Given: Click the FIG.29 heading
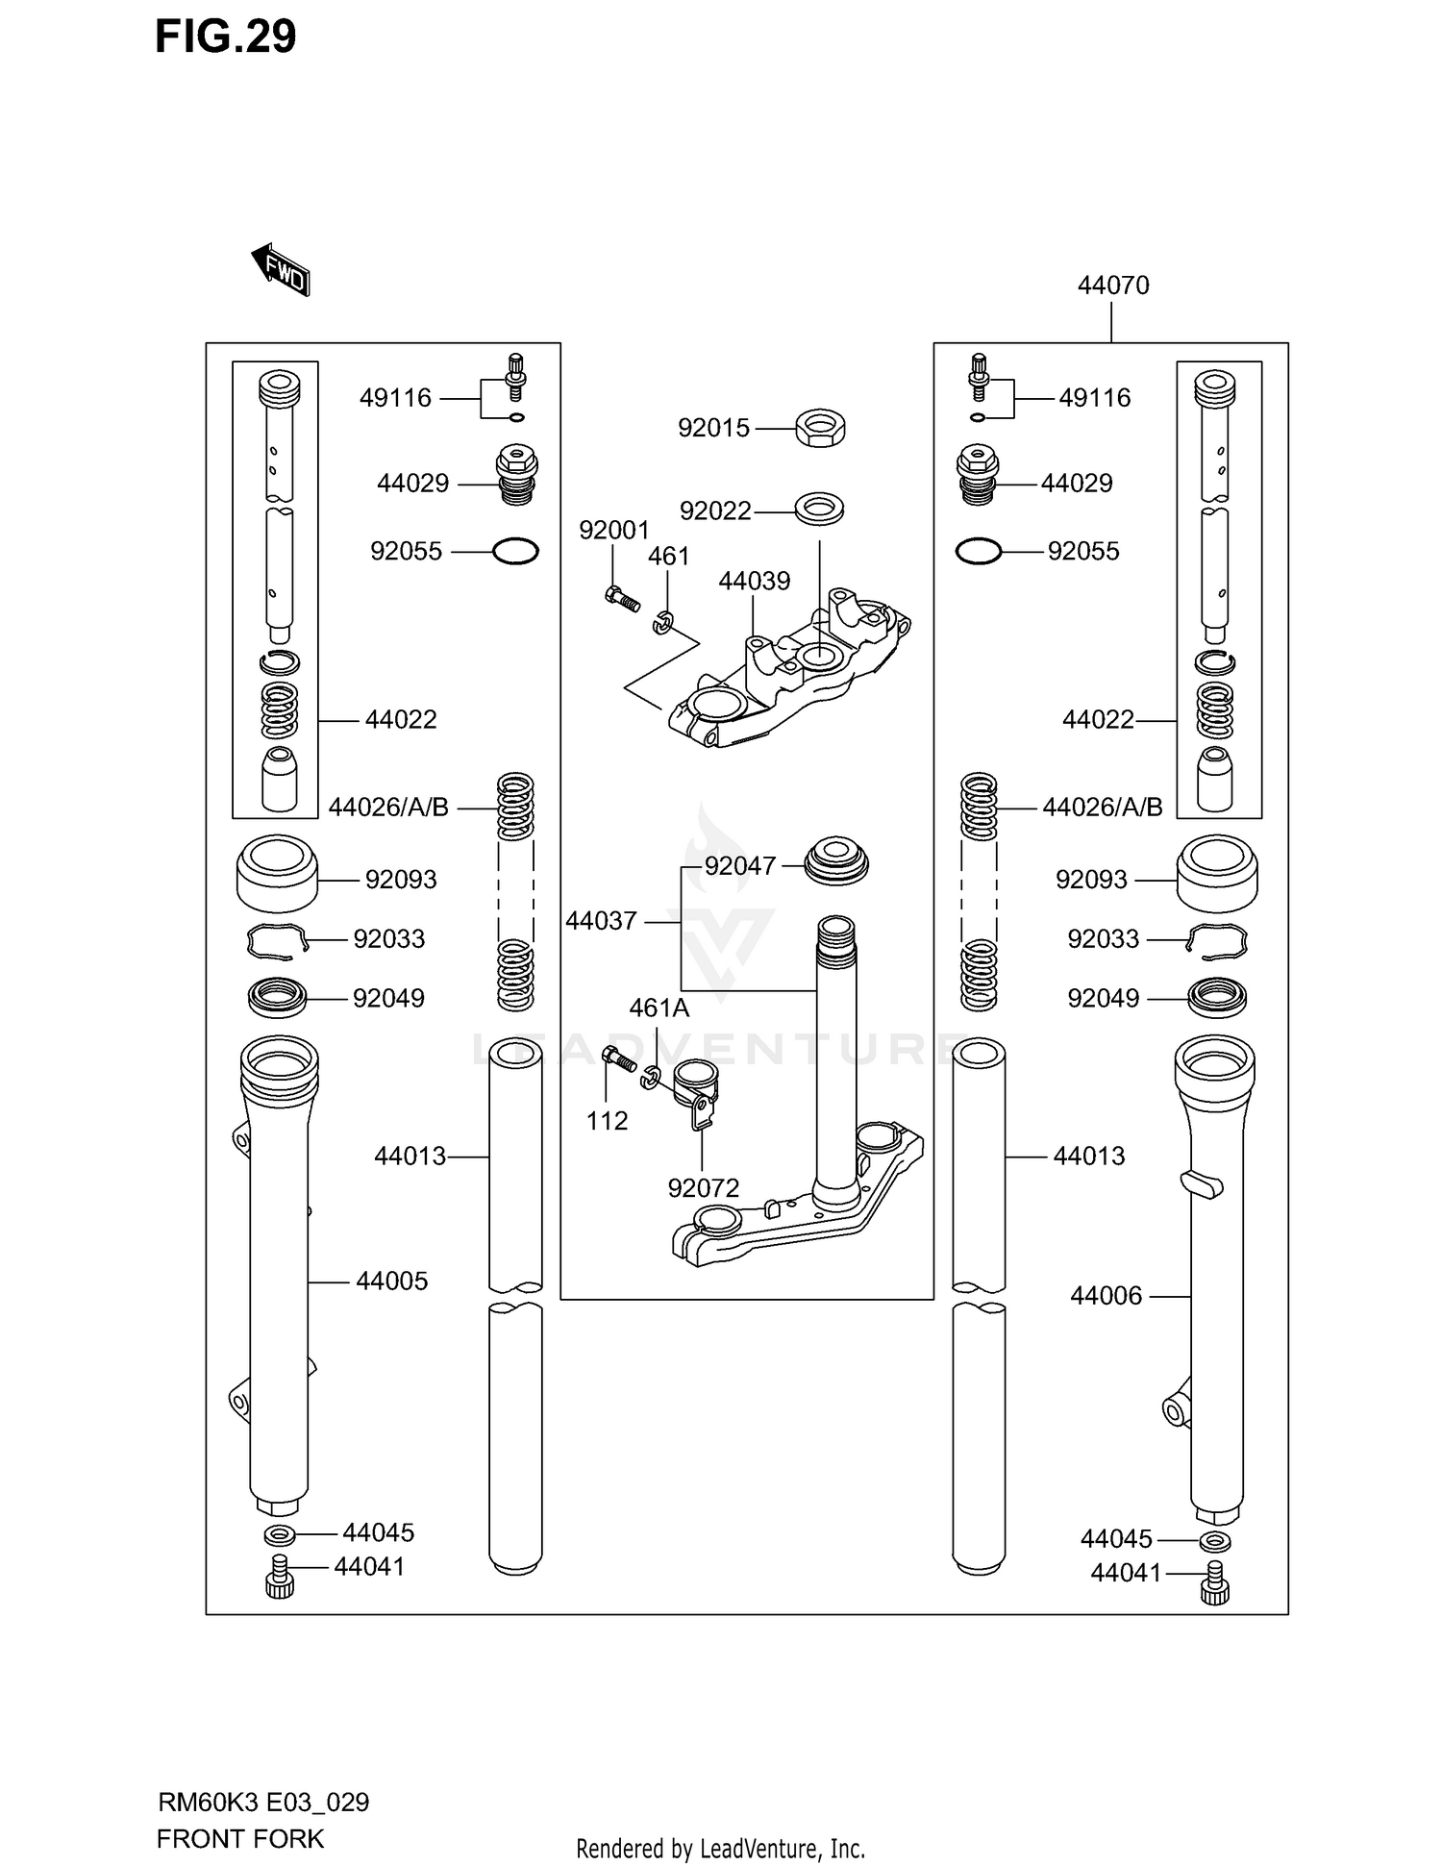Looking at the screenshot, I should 226,37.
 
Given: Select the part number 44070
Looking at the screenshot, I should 1113,286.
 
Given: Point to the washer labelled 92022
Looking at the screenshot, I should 819,509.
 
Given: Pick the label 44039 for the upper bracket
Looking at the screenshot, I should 755,581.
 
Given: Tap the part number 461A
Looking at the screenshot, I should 659,1008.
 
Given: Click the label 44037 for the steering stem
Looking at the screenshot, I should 602,921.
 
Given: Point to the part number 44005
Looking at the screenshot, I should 391,1281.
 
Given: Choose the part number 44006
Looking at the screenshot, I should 1106,1296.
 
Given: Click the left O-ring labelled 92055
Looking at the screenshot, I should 515,552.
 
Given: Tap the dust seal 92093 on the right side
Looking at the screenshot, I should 1217,873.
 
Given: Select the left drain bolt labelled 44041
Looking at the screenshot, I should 279,1578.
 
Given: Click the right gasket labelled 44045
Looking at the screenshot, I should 1216,1543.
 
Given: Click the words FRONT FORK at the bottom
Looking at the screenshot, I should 240,1839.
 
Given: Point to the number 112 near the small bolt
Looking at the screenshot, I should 608,1121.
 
